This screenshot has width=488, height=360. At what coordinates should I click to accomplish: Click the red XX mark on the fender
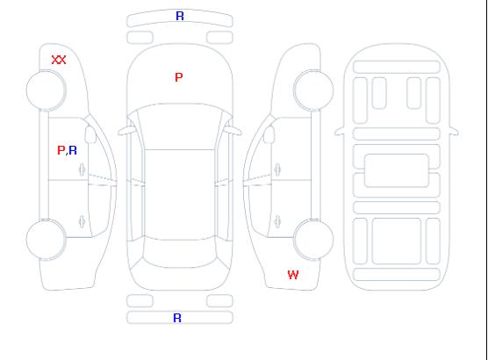pos(59,60)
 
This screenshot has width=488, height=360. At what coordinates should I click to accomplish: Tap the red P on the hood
pos(179,77)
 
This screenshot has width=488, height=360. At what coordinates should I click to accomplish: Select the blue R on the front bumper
pos(180,16)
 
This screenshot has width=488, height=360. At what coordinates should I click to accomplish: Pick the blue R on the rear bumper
pos(177,318)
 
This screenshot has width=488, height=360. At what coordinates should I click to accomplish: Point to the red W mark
pos(293,275)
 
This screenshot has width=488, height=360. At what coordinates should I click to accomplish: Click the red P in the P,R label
pos(61,150)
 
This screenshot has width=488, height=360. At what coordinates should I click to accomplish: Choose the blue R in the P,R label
pos(73,150)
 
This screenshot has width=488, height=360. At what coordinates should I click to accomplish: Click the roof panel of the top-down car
pos(180,195)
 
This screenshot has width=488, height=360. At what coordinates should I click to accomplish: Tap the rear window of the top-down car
pos(180,253)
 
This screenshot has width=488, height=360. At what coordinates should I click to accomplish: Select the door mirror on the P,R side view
pos(90,134)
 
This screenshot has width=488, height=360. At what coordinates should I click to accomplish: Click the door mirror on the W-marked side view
pos(269,134)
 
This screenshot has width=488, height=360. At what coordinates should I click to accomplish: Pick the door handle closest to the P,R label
pos(83,169)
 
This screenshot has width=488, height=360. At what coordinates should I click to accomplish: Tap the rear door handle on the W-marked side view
pos(277,222)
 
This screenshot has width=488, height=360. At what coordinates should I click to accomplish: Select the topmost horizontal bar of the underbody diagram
pos(397,67)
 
